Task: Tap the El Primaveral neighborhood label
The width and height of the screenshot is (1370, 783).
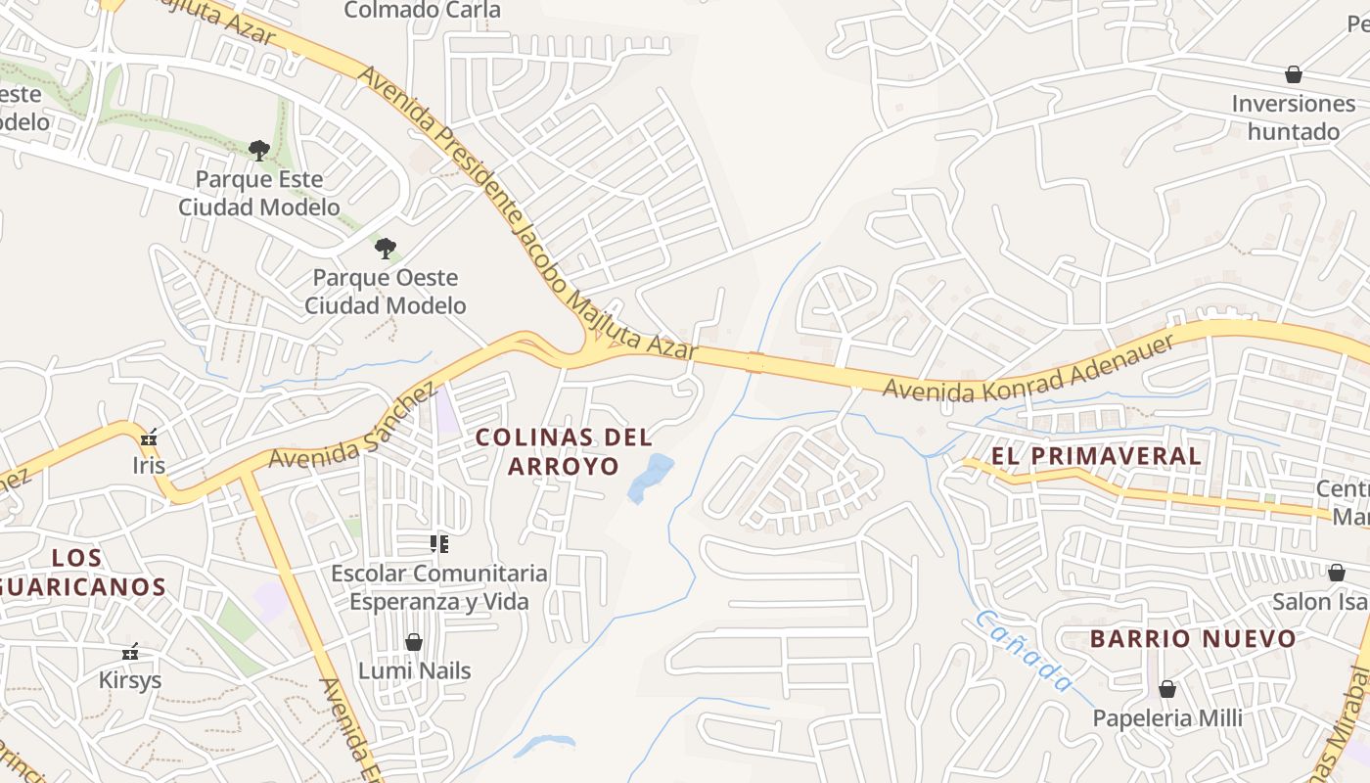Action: click(x=1096, y=456)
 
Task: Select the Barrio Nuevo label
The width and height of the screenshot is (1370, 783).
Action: click(x=1193, y=639)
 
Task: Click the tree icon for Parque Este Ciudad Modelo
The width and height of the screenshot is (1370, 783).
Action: click(x=258, y=150)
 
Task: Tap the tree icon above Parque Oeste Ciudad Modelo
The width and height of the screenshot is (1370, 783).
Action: click(x=386, y=248)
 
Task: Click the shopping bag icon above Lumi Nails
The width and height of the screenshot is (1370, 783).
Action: click(x=414, y=642)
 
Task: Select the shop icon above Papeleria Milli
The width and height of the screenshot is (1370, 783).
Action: click(x=1166, y=689)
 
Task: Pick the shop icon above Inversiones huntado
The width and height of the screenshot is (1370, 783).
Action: click(x=1293, y=74)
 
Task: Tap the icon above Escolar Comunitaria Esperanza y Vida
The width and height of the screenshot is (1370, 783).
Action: click(x=439, y=543)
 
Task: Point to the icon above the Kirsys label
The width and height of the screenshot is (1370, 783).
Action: click(x=130, y=652)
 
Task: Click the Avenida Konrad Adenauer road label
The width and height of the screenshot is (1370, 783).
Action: click(x=1027, y=368)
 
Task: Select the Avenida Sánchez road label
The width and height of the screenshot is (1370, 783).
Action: click(x=351, y=426)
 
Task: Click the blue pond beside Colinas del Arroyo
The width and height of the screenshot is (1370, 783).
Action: click(x=650, y=477)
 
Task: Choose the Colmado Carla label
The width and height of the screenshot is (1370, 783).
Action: click(x=422, y=11)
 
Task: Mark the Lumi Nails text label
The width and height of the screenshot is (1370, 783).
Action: click(x=414, y=671)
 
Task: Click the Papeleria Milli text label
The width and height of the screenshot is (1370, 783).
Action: click(x=1166, y=718)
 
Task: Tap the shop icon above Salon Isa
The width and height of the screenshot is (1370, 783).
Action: click(x=1336, y=572)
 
